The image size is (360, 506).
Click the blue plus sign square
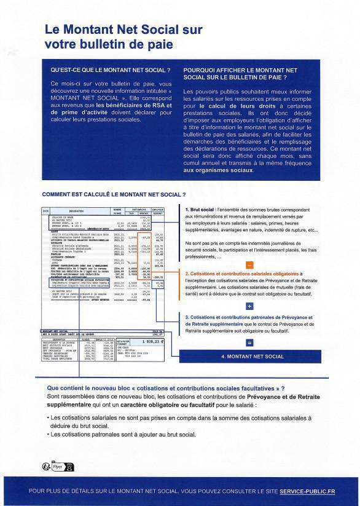pos(249,306)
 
